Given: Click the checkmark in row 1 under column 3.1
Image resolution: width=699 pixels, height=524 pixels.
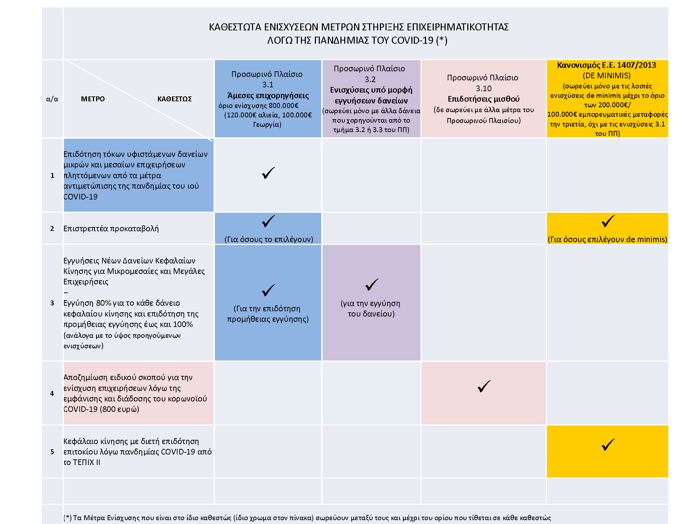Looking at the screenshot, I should coord(268,173).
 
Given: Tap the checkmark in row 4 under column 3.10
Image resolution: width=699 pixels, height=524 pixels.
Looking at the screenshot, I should coord(484,386).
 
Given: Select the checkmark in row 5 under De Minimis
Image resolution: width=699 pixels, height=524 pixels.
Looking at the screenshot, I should coord(608,445).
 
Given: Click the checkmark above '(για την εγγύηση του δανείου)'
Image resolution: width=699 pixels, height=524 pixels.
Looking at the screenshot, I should coord(372,285).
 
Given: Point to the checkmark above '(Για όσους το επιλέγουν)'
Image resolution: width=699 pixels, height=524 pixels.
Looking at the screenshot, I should coord(268,221).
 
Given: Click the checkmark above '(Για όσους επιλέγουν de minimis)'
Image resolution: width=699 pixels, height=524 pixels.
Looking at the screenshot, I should coord(608,221).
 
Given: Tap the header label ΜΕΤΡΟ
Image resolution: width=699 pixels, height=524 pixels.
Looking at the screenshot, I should coord(93,99).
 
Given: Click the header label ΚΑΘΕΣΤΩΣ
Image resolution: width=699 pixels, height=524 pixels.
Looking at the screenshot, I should coord(174,99).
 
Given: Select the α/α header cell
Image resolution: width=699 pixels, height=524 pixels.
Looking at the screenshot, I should coord(52,99).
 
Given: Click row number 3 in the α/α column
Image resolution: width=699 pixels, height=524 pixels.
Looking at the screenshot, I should coord(52,303).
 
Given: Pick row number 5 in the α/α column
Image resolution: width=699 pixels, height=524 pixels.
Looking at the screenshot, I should coord(52,452).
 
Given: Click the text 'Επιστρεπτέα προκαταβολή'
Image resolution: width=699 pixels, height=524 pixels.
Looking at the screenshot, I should coord(111,228).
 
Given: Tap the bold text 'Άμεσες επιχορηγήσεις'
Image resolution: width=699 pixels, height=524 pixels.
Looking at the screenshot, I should coord(268,95).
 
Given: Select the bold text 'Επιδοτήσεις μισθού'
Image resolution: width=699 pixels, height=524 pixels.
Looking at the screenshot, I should coord(483,99).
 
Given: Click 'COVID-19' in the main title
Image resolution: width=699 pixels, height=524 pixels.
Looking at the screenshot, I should coord(412,41).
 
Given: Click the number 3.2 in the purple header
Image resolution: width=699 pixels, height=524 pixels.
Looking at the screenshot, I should coord(370,79).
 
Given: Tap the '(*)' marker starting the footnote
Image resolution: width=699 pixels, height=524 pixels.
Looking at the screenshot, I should coord(67,518).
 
